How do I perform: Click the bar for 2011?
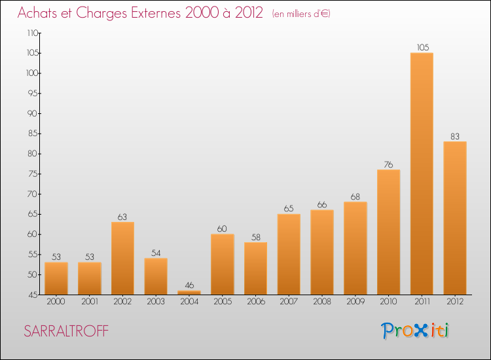click(422, 173)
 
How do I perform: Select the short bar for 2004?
click(189, 293)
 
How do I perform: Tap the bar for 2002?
click(123, 259)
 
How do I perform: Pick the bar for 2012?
click(455, 218)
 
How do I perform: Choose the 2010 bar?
click(389, 232)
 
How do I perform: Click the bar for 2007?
click(289, 254)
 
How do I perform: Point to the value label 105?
click(423, 47)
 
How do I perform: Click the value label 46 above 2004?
click(189, 285)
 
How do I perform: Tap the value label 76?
click(388, 165)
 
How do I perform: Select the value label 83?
click(455, 137)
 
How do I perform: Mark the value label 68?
click(355, 196)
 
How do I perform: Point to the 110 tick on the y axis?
click(33, 33)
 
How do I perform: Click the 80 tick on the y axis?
click(32, 154)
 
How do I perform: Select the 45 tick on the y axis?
click(32, 295)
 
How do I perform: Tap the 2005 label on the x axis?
click(223, 302)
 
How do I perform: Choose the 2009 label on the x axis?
click(355, 302)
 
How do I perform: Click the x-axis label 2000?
click(56, 302)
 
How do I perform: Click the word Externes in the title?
click(156, 12)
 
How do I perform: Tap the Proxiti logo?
click(415, 331)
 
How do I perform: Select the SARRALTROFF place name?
click(66, 331)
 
